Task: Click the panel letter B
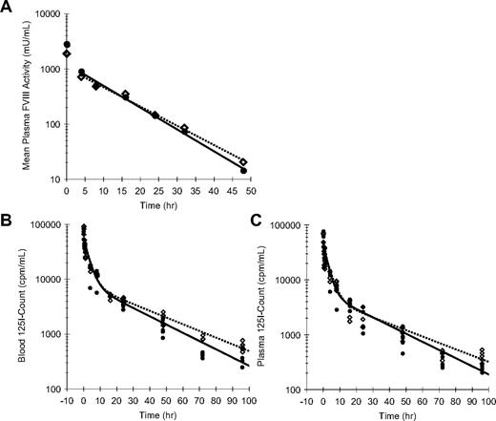(x=8, y=226)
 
